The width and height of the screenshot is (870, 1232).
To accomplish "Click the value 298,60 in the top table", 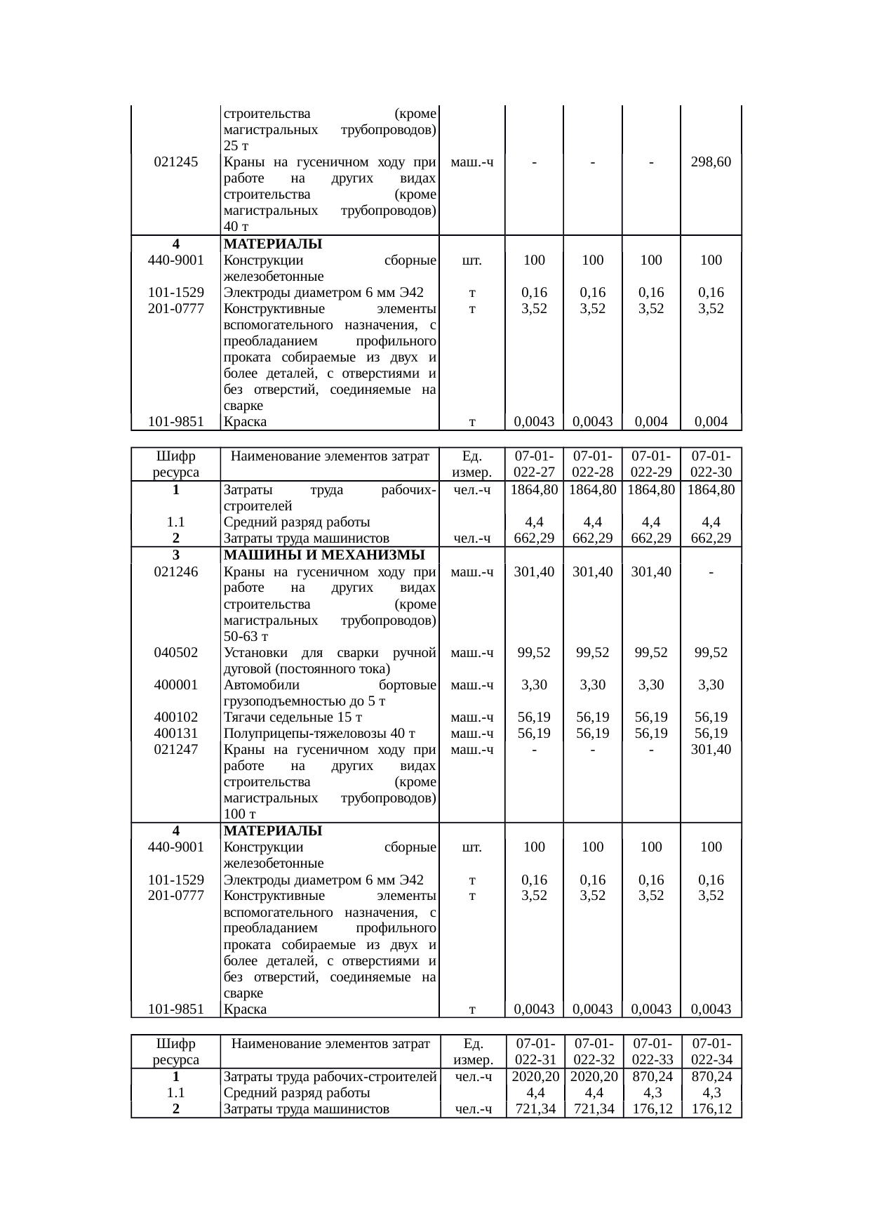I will [x=711, y=162].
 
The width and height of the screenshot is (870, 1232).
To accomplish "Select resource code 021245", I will [x=175, y=162].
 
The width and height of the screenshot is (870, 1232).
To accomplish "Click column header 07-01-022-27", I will [x=534, y=464].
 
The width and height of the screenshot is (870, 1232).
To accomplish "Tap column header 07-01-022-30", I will [x=711, y=464].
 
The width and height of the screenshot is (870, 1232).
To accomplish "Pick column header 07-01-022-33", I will [x=652, y=1052].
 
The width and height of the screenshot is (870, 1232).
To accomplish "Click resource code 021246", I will [x=175, y=572].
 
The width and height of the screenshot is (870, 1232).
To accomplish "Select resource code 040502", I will [x=175, y=653].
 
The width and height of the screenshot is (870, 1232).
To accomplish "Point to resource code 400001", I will [x=175, y=685].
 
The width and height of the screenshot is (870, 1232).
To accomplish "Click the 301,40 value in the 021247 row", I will [x=711, y=750].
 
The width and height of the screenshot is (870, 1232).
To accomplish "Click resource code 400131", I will [x=175, y=734].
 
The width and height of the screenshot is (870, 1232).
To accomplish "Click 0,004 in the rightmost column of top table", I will [x=711, y=422].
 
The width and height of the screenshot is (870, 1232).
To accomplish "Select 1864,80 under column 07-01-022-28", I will [x=593, y=490].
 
